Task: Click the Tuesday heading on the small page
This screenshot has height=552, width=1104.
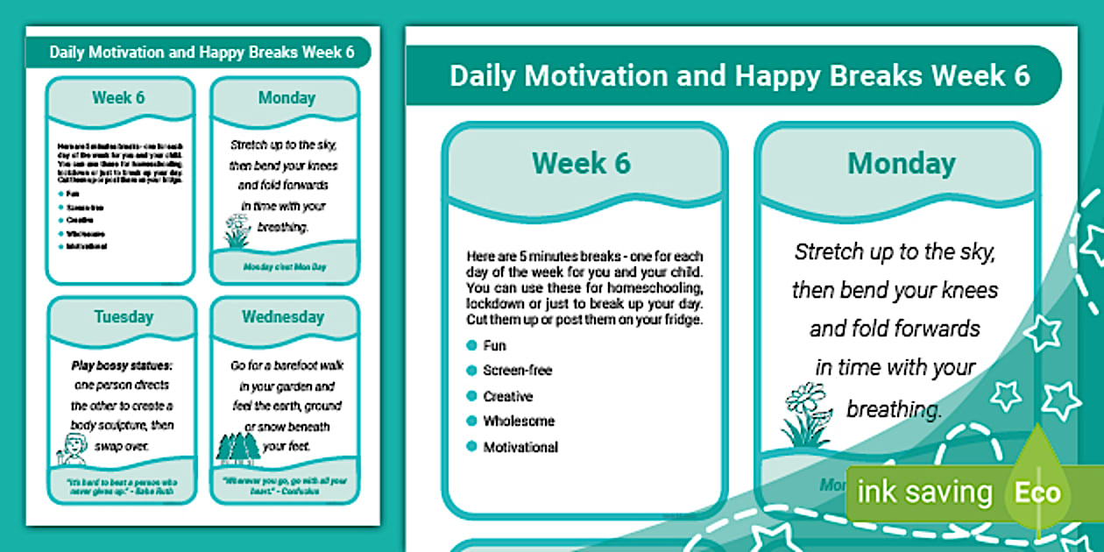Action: coord(123,317)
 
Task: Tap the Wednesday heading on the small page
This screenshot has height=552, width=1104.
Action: coord(282,317)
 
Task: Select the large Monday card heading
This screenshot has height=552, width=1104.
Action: coord(901,163)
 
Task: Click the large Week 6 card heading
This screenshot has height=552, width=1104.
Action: coord(581,163)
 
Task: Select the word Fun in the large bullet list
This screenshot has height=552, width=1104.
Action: coord(494,345)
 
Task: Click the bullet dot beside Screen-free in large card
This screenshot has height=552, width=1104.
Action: coord(471,371)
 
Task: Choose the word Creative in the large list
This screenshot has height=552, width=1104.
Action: coord(508,396)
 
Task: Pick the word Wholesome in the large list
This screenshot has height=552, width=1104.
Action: coord(519,421)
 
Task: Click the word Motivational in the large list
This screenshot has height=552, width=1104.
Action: coord(520,447)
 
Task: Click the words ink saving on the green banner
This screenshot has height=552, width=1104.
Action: coord(924,492)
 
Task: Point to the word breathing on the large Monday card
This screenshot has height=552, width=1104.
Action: coord(894,409)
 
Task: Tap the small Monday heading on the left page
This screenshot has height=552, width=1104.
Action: coord(286,98)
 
